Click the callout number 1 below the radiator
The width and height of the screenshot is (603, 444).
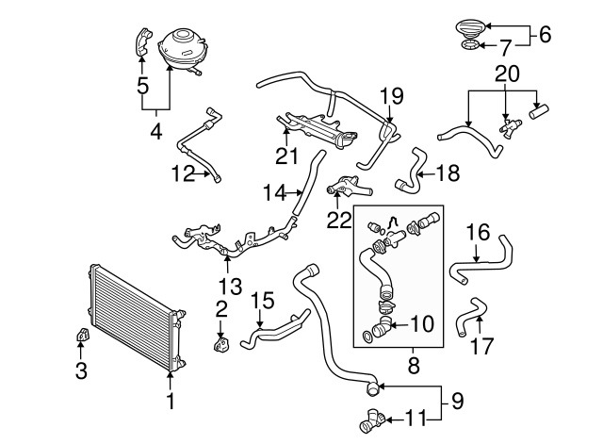click(x=171, y=401)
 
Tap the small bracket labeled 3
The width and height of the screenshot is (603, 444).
click(x=82, y=335)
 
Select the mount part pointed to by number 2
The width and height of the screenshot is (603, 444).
click(x=220, y=343)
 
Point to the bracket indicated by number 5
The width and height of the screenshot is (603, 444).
click(x=143, y=41)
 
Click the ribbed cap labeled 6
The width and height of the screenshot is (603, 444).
click(x=471, y=29)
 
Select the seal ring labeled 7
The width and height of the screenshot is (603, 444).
click(x=470, y=45)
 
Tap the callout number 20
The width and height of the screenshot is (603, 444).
click(x=507, y=74)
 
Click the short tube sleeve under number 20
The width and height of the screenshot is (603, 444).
click(x=539, y=111)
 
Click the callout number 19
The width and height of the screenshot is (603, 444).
click(x=392, y=96)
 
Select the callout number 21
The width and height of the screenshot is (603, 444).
click(x=286, y=156)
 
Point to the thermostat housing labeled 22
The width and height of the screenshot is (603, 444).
click(x=348, y=187)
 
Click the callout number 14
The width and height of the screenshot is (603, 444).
click(x=274, y=192)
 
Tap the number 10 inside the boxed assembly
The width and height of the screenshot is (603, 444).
click(x=422, y=324)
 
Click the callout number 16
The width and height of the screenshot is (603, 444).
click(x=478, y=232)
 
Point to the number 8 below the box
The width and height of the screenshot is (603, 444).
click(x=414, y=365)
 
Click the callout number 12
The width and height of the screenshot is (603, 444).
click(x=184, y=173)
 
